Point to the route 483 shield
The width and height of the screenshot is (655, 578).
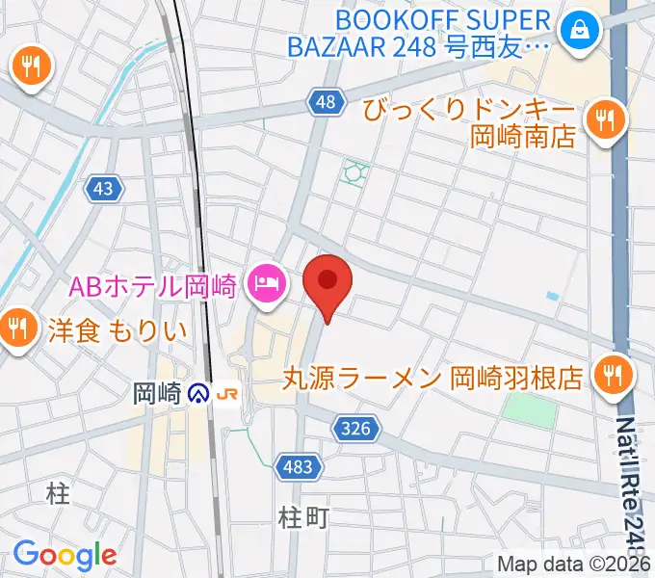[298, 467]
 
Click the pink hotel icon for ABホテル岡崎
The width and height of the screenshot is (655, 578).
[264, 283]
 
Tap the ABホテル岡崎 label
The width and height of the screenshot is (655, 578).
[153, 285]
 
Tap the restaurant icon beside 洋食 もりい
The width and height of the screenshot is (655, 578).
[17, 328]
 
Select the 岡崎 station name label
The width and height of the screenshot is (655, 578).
[157, 393]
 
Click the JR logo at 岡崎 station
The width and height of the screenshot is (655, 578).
[229, 393]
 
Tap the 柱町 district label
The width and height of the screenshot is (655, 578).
[303, 517]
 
